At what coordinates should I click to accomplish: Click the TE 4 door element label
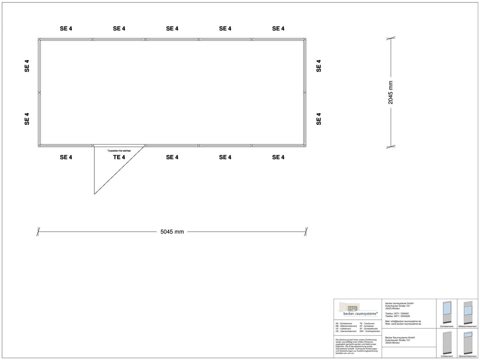(x=119, y=157)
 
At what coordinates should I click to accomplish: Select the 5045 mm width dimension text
(x=172, y=232)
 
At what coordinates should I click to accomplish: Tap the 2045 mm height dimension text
(x=391, y=92)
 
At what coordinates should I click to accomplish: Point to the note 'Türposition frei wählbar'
(x=119, y=150)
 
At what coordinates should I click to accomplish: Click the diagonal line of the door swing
(x=119, y=170)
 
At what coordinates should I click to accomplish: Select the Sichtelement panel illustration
(x=446, y=313)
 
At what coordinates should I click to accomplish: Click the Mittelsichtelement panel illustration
(x=468, y=313)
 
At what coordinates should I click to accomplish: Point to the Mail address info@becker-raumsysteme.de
(x=403, y=321)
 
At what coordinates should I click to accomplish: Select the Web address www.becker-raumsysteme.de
(x=403, y=324)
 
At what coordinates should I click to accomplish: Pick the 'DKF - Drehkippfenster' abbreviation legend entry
(x=370, y=331)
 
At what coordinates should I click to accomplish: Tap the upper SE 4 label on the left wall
(x=27, y=66)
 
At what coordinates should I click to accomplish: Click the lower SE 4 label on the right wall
(x=319, y=119)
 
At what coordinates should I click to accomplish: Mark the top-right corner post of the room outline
(x=305, y=40)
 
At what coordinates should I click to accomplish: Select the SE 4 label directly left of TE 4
(x=66, y=157)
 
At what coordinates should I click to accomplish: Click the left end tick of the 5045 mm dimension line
(x=38, y=232)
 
